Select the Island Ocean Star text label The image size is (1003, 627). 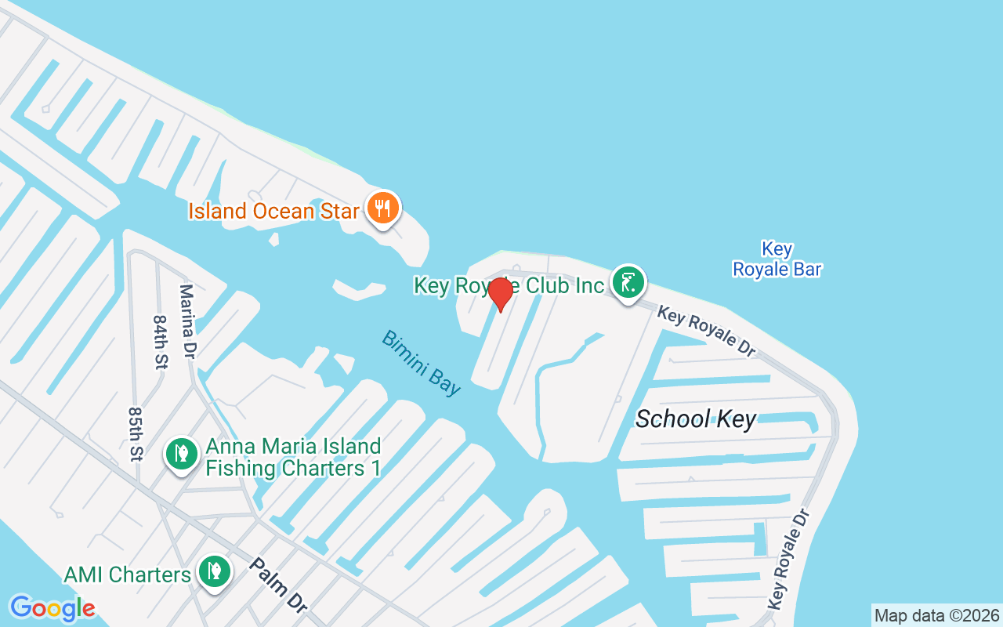click(273, 211)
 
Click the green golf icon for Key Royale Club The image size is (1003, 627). click(628, 283)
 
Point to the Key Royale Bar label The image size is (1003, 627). click(777, 259)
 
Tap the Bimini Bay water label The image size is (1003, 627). click(422, 363)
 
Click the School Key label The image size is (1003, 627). click(696, 419)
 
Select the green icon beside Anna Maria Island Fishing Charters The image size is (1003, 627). click(182, 454)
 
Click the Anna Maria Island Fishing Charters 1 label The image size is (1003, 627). click(293, 458)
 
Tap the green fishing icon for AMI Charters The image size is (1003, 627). click(213, 572)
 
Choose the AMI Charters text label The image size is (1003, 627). click(127, 574)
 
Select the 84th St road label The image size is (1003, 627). click(161, 342)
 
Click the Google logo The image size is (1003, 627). click(53, 608)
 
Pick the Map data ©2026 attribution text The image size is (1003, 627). click(936, 615)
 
